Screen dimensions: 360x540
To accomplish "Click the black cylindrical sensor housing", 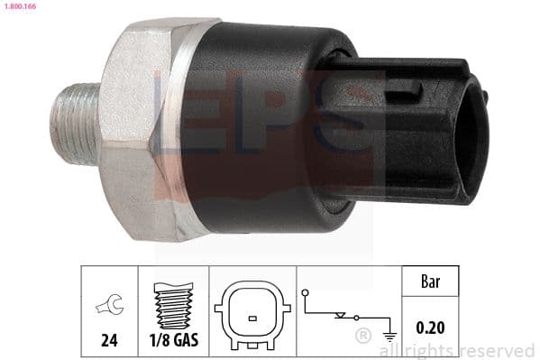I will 261,126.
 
